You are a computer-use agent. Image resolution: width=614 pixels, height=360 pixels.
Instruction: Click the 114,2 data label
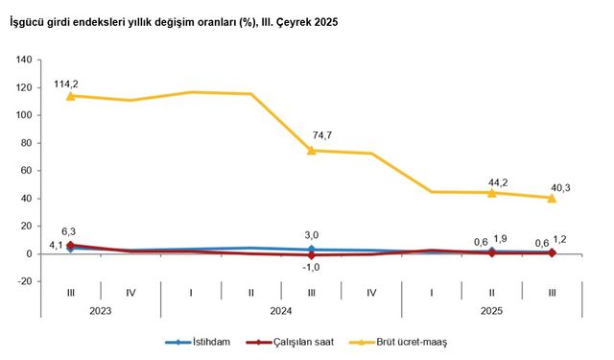66,84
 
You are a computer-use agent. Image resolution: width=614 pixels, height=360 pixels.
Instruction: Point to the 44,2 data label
499,180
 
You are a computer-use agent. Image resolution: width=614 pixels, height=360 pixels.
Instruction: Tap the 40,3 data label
558,187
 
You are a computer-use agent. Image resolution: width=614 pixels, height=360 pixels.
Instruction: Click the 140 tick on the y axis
26,60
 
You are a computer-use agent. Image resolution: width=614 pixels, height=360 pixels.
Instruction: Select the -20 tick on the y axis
26,282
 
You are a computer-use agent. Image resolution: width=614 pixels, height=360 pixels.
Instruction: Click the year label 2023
100,310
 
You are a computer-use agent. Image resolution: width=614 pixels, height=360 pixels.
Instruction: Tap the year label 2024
281,310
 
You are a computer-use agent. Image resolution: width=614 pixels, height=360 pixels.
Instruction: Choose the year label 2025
492,310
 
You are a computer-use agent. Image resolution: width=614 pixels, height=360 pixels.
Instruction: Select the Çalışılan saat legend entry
292,341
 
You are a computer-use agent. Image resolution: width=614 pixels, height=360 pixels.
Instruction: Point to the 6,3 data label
68,231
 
